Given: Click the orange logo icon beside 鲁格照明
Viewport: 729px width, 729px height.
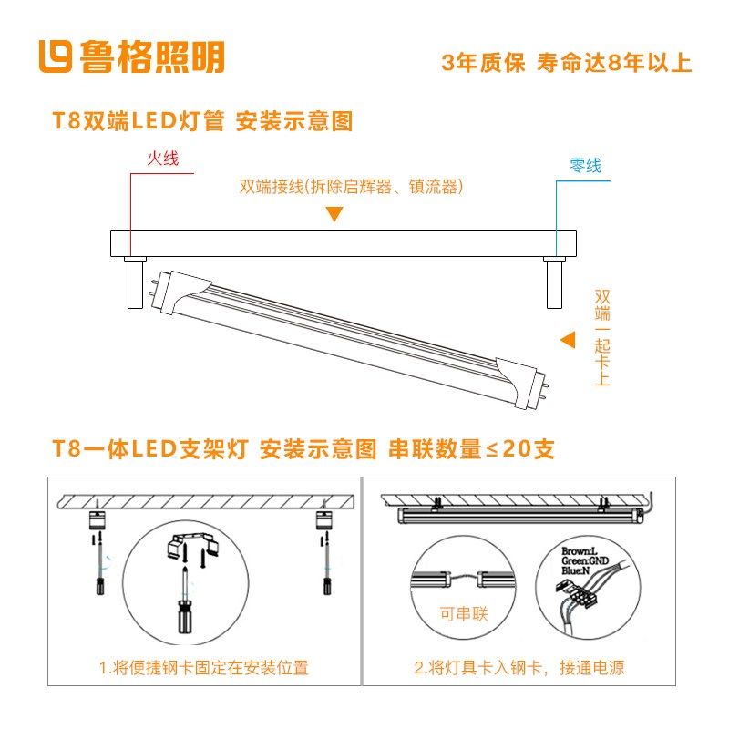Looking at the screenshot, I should tap(56, 56).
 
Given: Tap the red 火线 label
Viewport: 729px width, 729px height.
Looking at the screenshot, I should tap(162, 158).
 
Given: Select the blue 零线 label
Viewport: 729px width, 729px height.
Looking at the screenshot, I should tap(585, 166).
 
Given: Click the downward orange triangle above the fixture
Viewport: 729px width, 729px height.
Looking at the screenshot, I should tap(334, 214).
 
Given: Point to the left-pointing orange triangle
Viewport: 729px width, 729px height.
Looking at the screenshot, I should tap(568, 340).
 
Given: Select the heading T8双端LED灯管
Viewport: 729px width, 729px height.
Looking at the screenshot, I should tap(139, 122).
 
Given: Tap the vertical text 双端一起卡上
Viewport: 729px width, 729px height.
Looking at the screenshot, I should tap(601, 337).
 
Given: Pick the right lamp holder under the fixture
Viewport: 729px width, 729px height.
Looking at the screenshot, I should tap(552, 283).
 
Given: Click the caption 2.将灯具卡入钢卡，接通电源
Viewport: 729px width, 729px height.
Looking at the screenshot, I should tap(519, 668).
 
